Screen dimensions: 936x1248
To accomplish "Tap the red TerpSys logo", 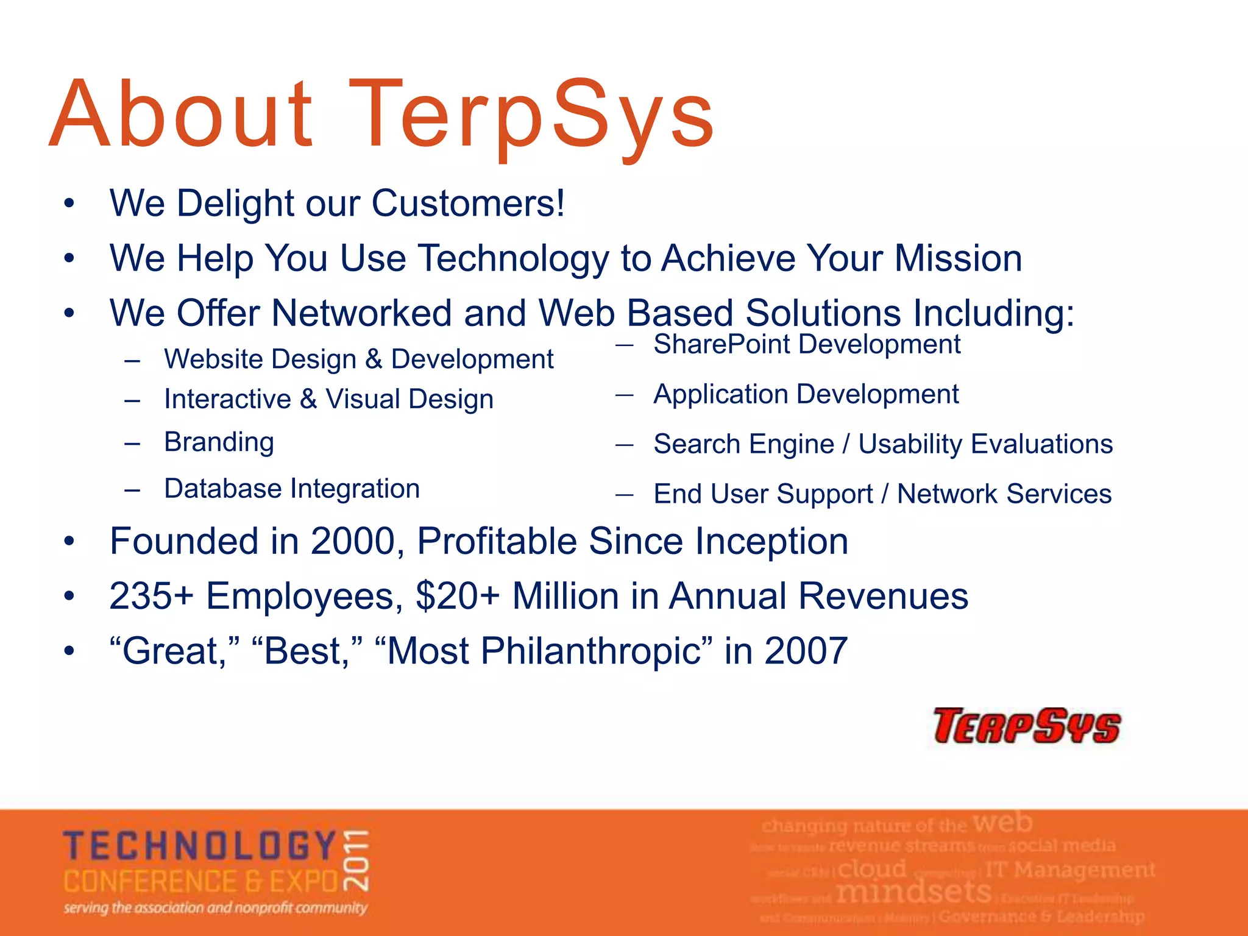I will (x=1027, y=726).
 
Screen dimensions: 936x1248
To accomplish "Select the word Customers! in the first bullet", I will (x=468, y=203).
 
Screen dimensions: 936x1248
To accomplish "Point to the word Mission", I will (x=958, y=258).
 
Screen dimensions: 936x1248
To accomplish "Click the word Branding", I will (x=219, y=442).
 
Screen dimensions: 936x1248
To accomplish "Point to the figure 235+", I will (x=151, y=596).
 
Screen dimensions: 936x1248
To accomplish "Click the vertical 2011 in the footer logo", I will (x=356, y=860).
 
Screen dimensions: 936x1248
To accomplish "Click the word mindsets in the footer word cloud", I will (x=913, y=893).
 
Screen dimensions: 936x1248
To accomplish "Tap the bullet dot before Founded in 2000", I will (x=69, y=541).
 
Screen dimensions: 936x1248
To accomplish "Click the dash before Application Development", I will (x=624, y=395).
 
